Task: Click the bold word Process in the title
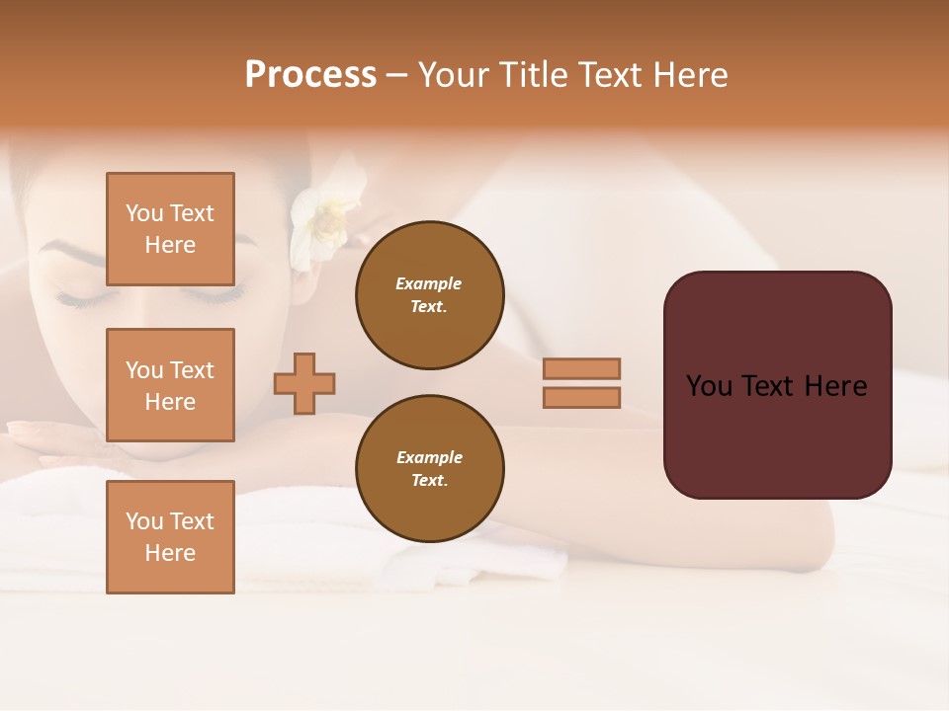coord(310,75)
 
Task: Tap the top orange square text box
coord(170,229)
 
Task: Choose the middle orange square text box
coord(170,385)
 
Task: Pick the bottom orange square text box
coord(170,536)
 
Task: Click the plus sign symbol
coord(304,383)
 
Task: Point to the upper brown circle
coord(429,294)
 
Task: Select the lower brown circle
coord(429,468)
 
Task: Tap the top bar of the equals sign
coord(581,368)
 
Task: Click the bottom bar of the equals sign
coord(581,397)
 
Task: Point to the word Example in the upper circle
coord(428,283)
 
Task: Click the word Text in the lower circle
coord(428,480)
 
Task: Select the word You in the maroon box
coord(710,386)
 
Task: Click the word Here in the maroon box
coord(835,386)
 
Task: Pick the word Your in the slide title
coord(455,75)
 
